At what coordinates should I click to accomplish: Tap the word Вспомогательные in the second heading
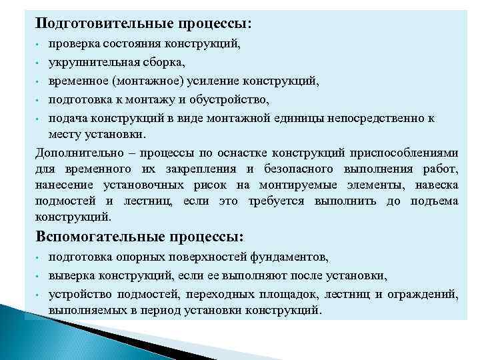click(x=99, y=237)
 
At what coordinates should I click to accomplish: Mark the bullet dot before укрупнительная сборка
click(x=39, y=63)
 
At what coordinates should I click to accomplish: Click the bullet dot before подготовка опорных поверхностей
click(x=39, y=257)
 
